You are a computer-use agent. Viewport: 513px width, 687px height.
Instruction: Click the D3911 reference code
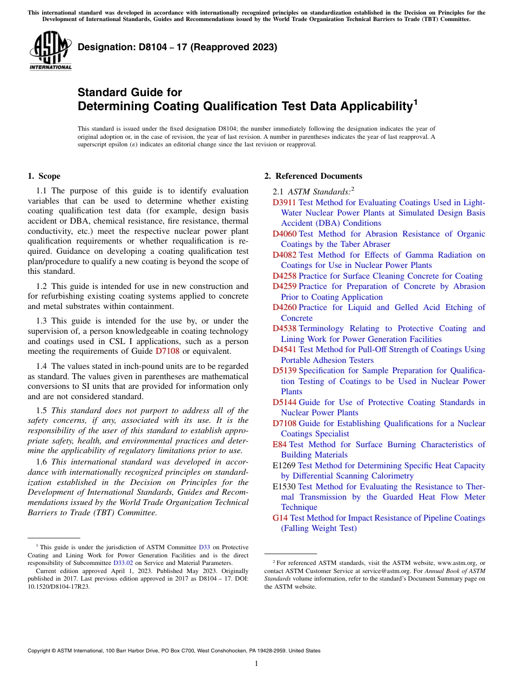284,203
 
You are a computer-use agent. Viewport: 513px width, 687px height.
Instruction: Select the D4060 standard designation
284,234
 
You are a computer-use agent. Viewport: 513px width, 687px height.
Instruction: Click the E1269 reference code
283,466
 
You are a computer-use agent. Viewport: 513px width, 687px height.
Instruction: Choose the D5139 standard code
284,371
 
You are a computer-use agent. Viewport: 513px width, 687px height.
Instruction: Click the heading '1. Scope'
44,176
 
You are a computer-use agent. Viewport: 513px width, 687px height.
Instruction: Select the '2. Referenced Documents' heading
313,176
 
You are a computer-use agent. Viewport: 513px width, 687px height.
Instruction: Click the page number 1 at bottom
256,663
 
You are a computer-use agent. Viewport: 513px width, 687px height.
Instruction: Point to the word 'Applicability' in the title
373,106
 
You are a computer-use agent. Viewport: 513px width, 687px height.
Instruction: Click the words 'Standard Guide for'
130,92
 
